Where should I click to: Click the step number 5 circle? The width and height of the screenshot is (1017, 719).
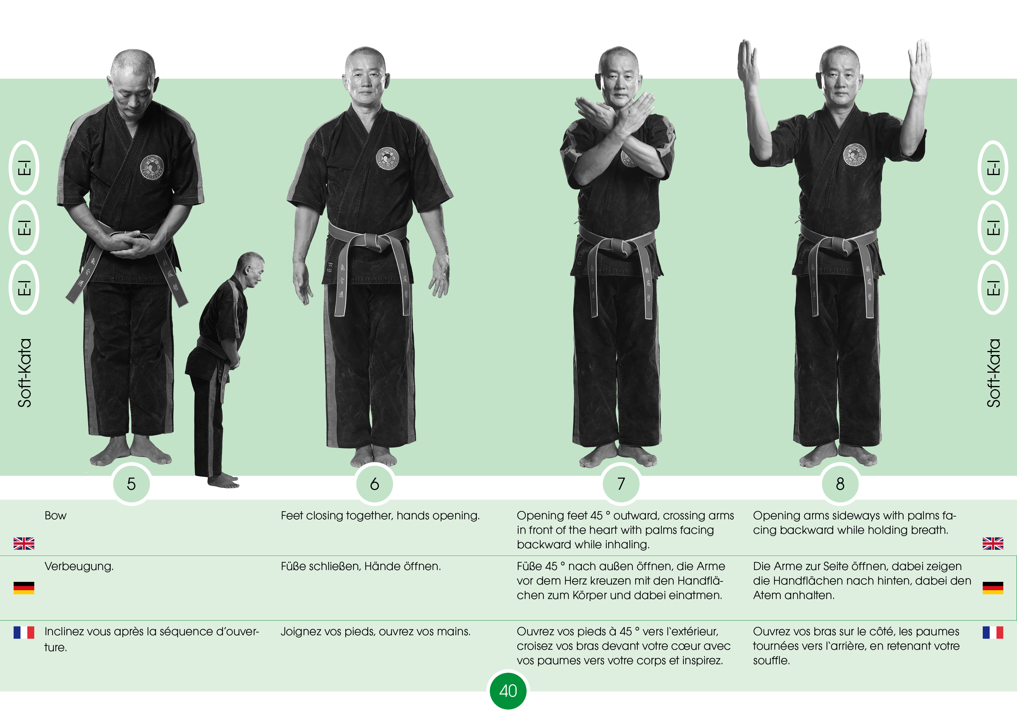point(131,484)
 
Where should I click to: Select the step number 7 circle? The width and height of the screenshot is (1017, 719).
point(621,484)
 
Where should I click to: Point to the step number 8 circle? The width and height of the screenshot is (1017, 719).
point(840,484)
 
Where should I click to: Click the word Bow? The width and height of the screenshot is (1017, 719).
point(55,516)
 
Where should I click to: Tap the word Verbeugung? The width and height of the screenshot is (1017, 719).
point(79,567)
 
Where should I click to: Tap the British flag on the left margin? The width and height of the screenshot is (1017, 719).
point(24,543)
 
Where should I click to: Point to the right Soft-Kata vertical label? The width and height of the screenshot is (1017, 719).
point(994,373)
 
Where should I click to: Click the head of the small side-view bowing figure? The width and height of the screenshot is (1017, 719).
point(250,270)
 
